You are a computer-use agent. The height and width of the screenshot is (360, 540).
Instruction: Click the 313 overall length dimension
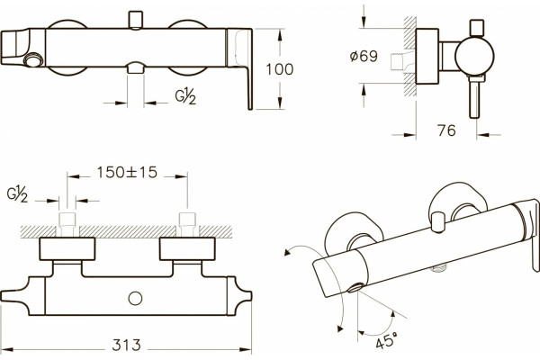[126, 345]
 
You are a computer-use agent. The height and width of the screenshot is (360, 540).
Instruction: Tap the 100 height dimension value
[280, 69]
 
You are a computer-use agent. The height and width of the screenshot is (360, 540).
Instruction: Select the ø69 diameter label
[364, 56]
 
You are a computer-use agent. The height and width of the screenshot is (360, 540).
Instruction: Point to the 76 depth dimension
[446, 130]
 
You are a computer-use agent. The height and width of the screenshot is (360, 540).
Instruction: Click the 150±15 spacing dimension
[127, 172]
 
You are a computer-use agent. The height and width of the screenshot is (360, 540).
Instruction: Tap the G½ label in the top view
[17, 193]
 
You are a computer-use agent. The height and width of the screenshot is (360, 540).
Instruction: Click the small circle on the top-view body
[135, 298]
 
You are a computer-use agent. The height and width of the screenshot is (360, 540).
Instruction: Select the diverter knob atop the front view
[135, 20]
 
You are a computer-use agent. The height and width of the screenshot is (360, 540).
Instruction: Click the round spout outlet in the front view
[33, 60]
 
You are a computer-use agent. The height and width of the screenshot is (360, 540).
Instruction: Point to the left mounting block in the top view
[67, 248]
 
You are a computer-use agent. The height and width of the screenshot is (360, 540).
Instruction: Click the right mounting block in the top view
[187, 248]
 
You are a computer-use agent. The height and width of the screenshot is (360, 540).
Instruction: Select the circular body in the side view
[474, 57]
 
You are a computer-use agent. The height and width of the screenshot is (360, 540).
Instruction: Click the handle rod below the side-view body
[474, 96]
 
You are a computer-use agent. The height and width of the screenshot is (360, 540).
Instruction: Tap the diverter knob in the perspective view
[437, 222]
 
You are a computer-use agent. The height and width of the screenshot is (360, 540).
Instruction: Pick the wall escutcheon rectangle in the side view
[427, 57]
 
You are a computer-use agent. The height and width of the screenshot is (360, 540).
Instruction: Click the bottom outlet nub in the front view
[135, 67]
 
